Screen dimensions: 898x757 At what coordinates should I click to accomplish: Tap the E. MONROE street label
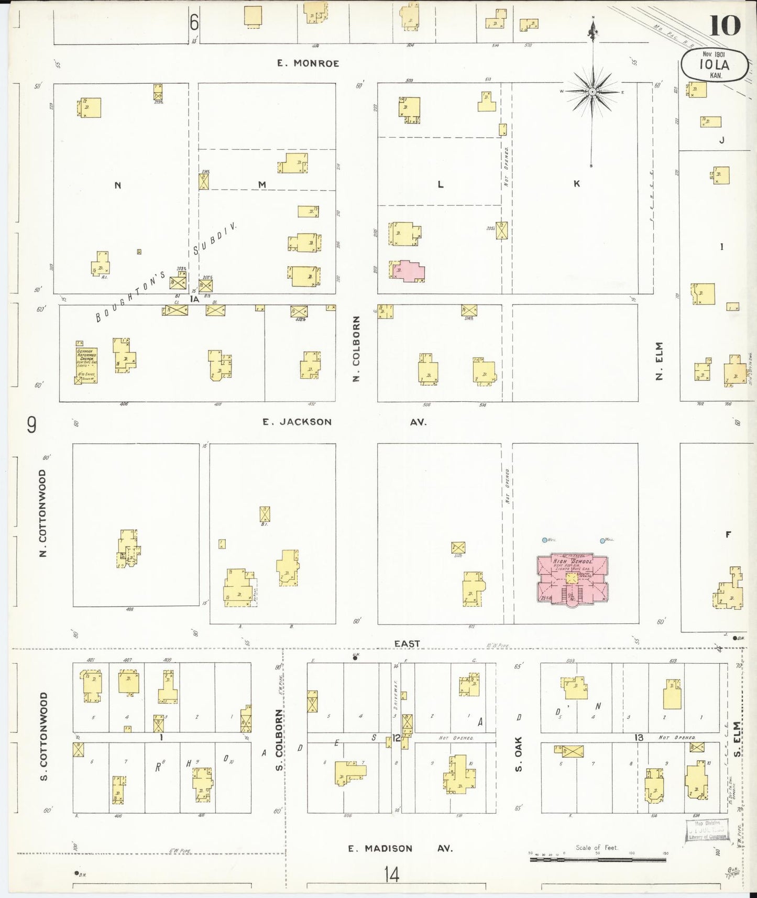click(x=308, y=63)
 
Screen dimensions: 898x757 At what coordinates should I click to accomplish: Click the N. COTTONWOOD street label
click(x=43, y=513)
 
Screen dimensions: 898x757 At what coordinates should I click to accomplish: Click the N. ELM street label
click(x=659, y=361)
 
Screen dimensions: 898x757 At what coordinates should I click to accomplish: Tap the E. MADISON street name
click(x=381, y=848)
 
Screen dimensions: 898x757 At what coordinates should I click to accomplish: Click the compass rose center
click(x=592, y=92)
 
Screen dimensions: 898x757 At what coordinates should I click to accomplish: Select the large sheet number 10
click(x=725, y=25)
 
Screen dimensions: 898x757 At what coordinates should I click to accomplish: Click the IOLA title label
click(x=714, y=65)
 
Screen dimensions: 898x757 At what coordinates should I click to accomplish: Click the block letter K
click(x=576, y=183)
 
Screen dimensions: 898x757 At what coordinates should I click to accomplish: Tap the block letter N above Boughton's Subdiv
click(x=118, y=185)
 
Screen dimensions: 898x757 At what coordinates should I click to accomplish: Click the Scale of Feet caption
click(x=597, y=847)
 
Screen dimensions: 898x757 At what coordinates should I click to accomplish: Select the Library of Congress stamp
click(x=707, y=830)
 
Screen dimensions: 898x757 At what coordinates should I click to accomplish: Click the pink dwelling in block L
click(x=408, y=270)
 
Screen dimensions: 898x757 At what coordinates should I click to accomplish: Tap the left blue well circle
click(x=545, y=540)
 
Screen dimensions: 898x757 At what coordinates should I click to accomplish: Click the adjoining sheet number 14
click(x=391, y=874)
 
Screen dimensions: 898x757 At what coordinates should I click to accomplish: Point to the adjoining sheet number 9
click(x=31, y=426)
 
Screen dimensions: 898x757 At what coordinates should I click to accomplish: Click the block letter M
click(x=262, y=184)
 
